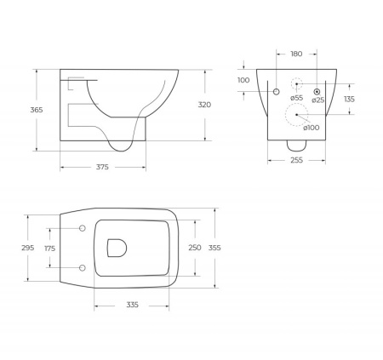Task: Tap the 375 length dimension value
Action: (101, 167)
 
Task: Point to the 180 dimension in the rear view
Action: (296, 54)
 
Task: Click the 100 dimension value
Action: (243, 80)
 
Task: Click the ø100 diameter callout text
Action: (312, 127)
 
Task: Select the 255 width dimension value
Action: (294, 159)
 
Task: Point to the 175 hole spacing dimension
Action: (49, 249)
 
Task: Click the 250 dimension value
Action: (194, 248)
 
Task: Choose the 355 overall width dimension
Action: (214, 248)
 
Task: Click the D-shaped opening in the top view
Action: (117, 248)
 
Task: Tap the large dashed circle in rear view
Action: (295, 115)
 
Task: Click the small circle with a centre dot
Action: (317, 91)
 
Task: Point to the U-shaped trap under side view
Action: (124, 142)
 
